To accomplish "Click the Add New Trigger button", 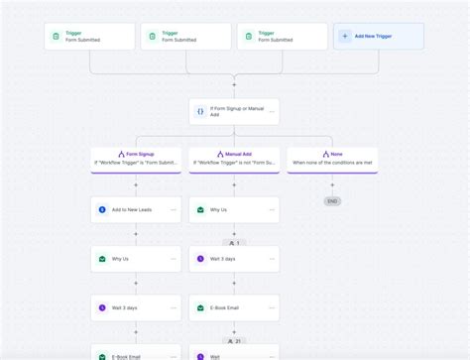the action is point(379,37).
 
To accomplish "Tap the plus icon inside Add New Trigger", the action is point(345,37).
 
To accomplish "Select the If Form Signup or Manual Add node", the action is point(234,111).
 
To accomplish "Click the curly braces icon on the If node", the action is point(200,111).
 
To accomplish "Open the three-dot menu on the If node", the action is point(271,111).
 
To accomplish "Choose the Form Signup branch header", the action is point(136,159).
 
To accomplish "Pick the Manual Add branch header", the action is point(234,159).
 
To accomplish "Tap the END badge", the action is point(332,201).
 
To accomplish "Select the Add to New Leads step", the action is point(136,210).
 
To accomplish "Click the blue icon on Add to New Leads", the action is point(102,210).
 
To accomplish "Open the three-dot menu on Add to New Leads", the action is point(173,210).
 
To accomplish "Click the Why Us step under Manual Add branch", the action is point(234,210).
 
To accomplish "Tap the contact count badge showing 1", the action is point(234,242).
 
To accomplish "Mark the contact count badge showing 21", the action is point(234,340).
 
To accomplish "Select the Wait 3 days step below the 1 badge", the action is point(234,259).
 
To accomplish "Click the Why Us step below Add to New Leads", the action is point(136,259).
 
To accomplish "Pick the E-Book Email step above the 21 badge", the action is point(234,308).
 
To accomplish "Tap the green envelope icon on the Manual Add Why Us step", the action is point(200,210).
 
